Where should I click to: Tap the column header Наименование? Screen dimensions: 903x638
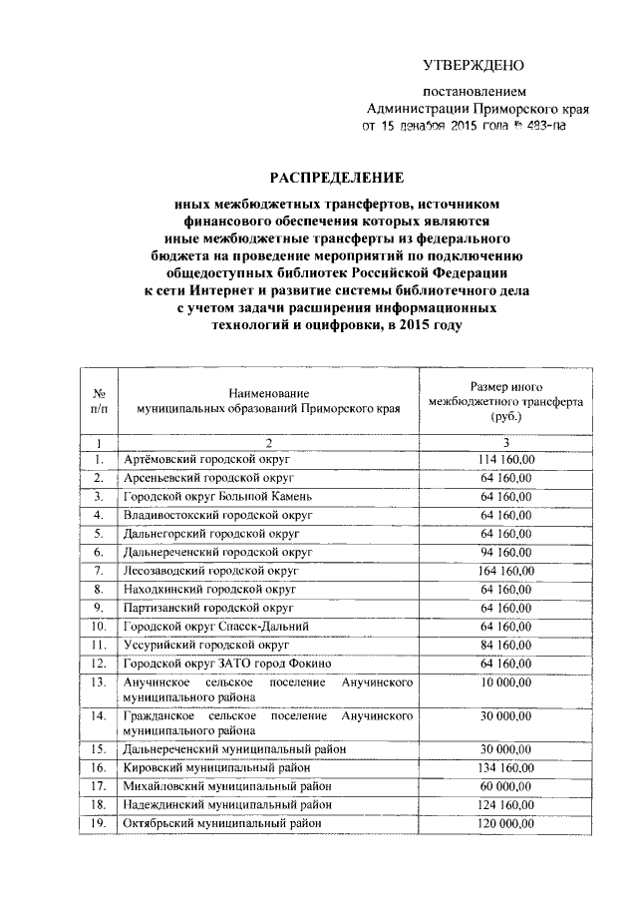point(268,395)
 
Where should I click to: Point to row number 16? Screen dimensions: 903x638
point(99,768)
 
